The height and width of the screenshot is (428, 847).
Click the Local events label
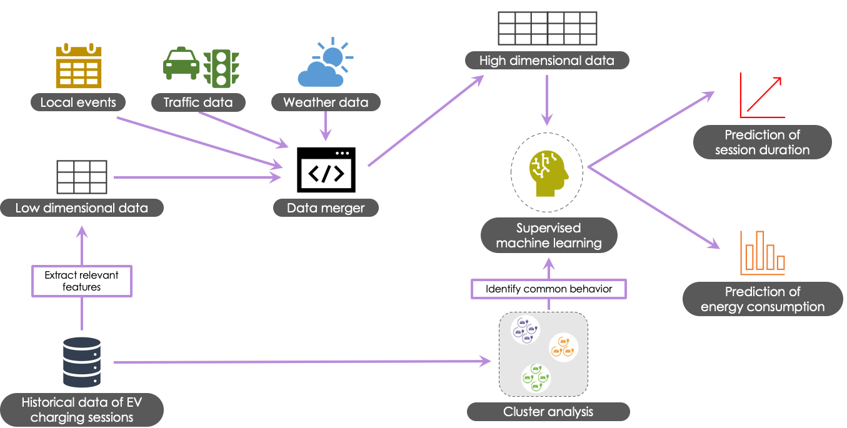tap(78, 102)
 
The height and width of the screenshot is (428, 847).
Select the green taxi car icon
tap(181, 63)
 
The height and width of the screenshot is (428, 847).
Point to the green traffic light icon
tap(221, 67)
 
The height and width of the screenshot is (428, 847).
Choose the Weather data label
tap(326, 102)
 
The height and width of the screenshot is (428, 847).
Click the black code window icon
tap(326, 170)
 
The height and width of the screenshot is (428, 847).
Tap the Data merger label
tap(326, 208)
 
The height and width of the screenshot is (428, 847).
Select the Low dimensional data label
tap(82, 208)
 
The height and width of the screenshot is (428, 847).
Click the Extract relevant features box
tap(82, 281)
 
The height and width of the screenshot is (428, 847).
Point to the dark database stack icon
tap(82, 362)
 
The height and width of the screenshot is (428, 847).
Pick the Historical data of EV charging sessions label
tap(82, 410)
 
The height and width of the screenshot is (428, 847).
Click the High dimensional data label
tap(547, 61)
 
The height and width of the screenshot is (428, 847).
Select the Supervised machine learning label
tap(549, 236)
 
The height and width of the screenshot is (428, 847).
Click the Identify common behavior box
tap(548, 289)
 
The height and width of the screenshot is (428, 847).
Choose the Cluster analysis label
tap(548, 412)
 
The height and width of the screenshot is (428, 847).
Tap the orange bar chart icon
tap(762, 253)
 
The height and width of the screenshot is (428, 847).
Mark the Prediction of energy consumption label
tap(763, 299)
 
